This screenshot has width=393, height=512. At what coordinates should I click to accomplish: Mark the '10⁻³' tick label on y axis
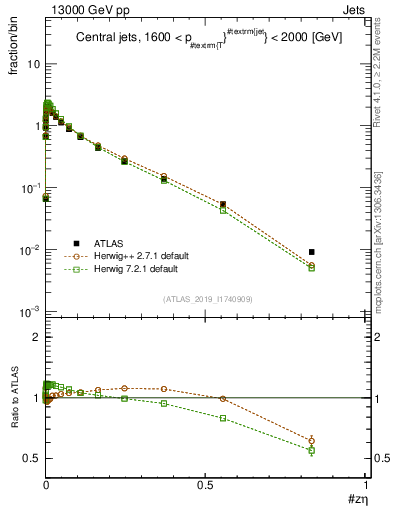(29, 312)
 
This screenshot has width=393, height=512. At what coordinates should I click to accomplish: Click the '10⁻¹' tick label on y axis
(29, 188)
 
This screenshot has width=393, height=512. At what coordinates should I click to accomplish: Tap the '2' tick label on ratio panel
(35, 338)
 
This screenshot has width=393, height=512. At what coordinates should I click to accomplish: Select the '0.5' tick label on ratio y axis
(31, 458)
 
